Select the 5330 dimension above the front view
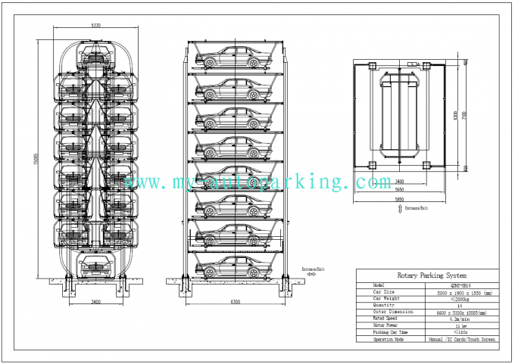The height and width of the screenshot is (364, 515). (95, 26)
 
